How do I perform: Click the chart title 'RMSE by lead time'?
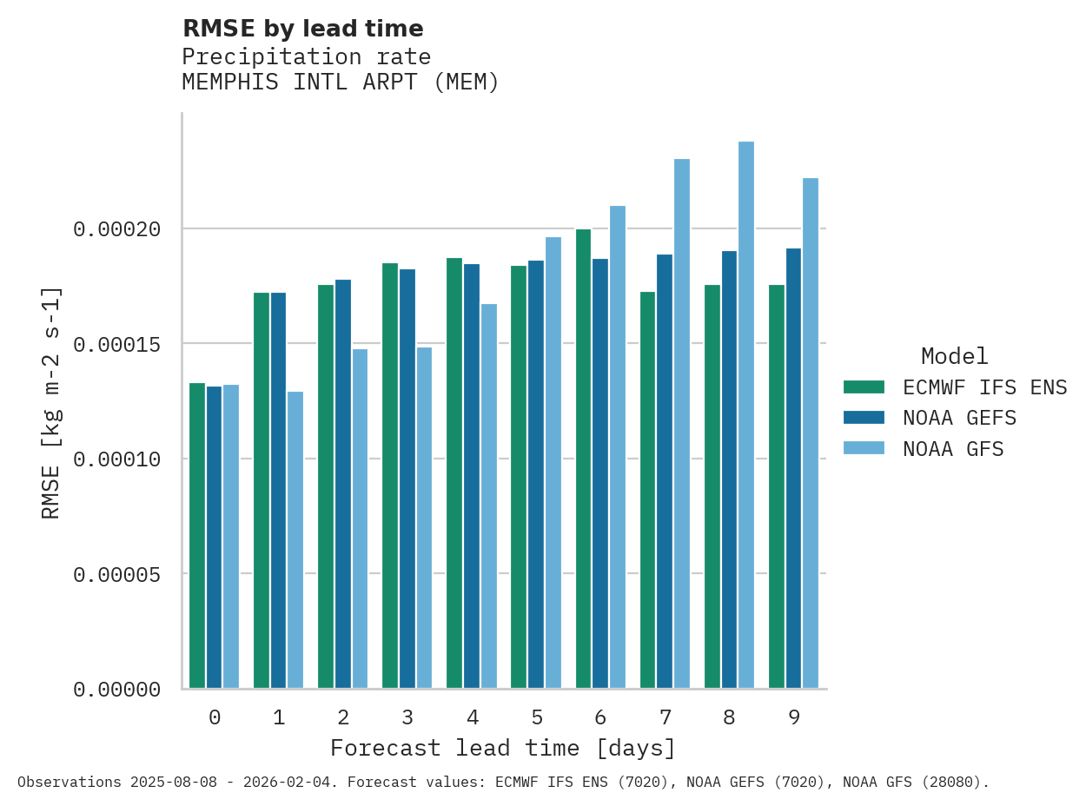click(x=302, y=29)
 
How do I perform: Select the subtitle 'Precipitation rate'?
click(x=306, y=56)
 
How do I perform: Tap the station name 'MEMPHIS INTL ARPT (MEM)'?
click(x=341, y=83)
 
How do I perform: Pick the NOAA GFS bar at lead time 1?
click(x=295, y=539)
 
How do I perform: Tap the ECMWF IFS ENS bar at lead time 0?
click(x=197, y=535)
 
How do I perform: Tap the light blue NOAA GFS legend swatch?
click(x=864, y=448)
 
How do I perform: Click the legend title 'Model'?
click(x=954, y=356)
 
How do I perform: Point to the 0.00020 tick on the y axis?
click(x=117, y=229)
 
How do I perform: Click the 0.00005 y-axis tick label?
click(x=117, y=574)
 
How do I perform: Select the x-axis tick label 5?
click(x=537, y=717)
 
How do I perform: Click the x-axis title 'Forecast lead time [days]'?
click(x=502, y=748)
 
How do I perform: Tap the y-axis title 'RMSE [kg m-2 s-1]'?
click(x=51, y=402)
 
